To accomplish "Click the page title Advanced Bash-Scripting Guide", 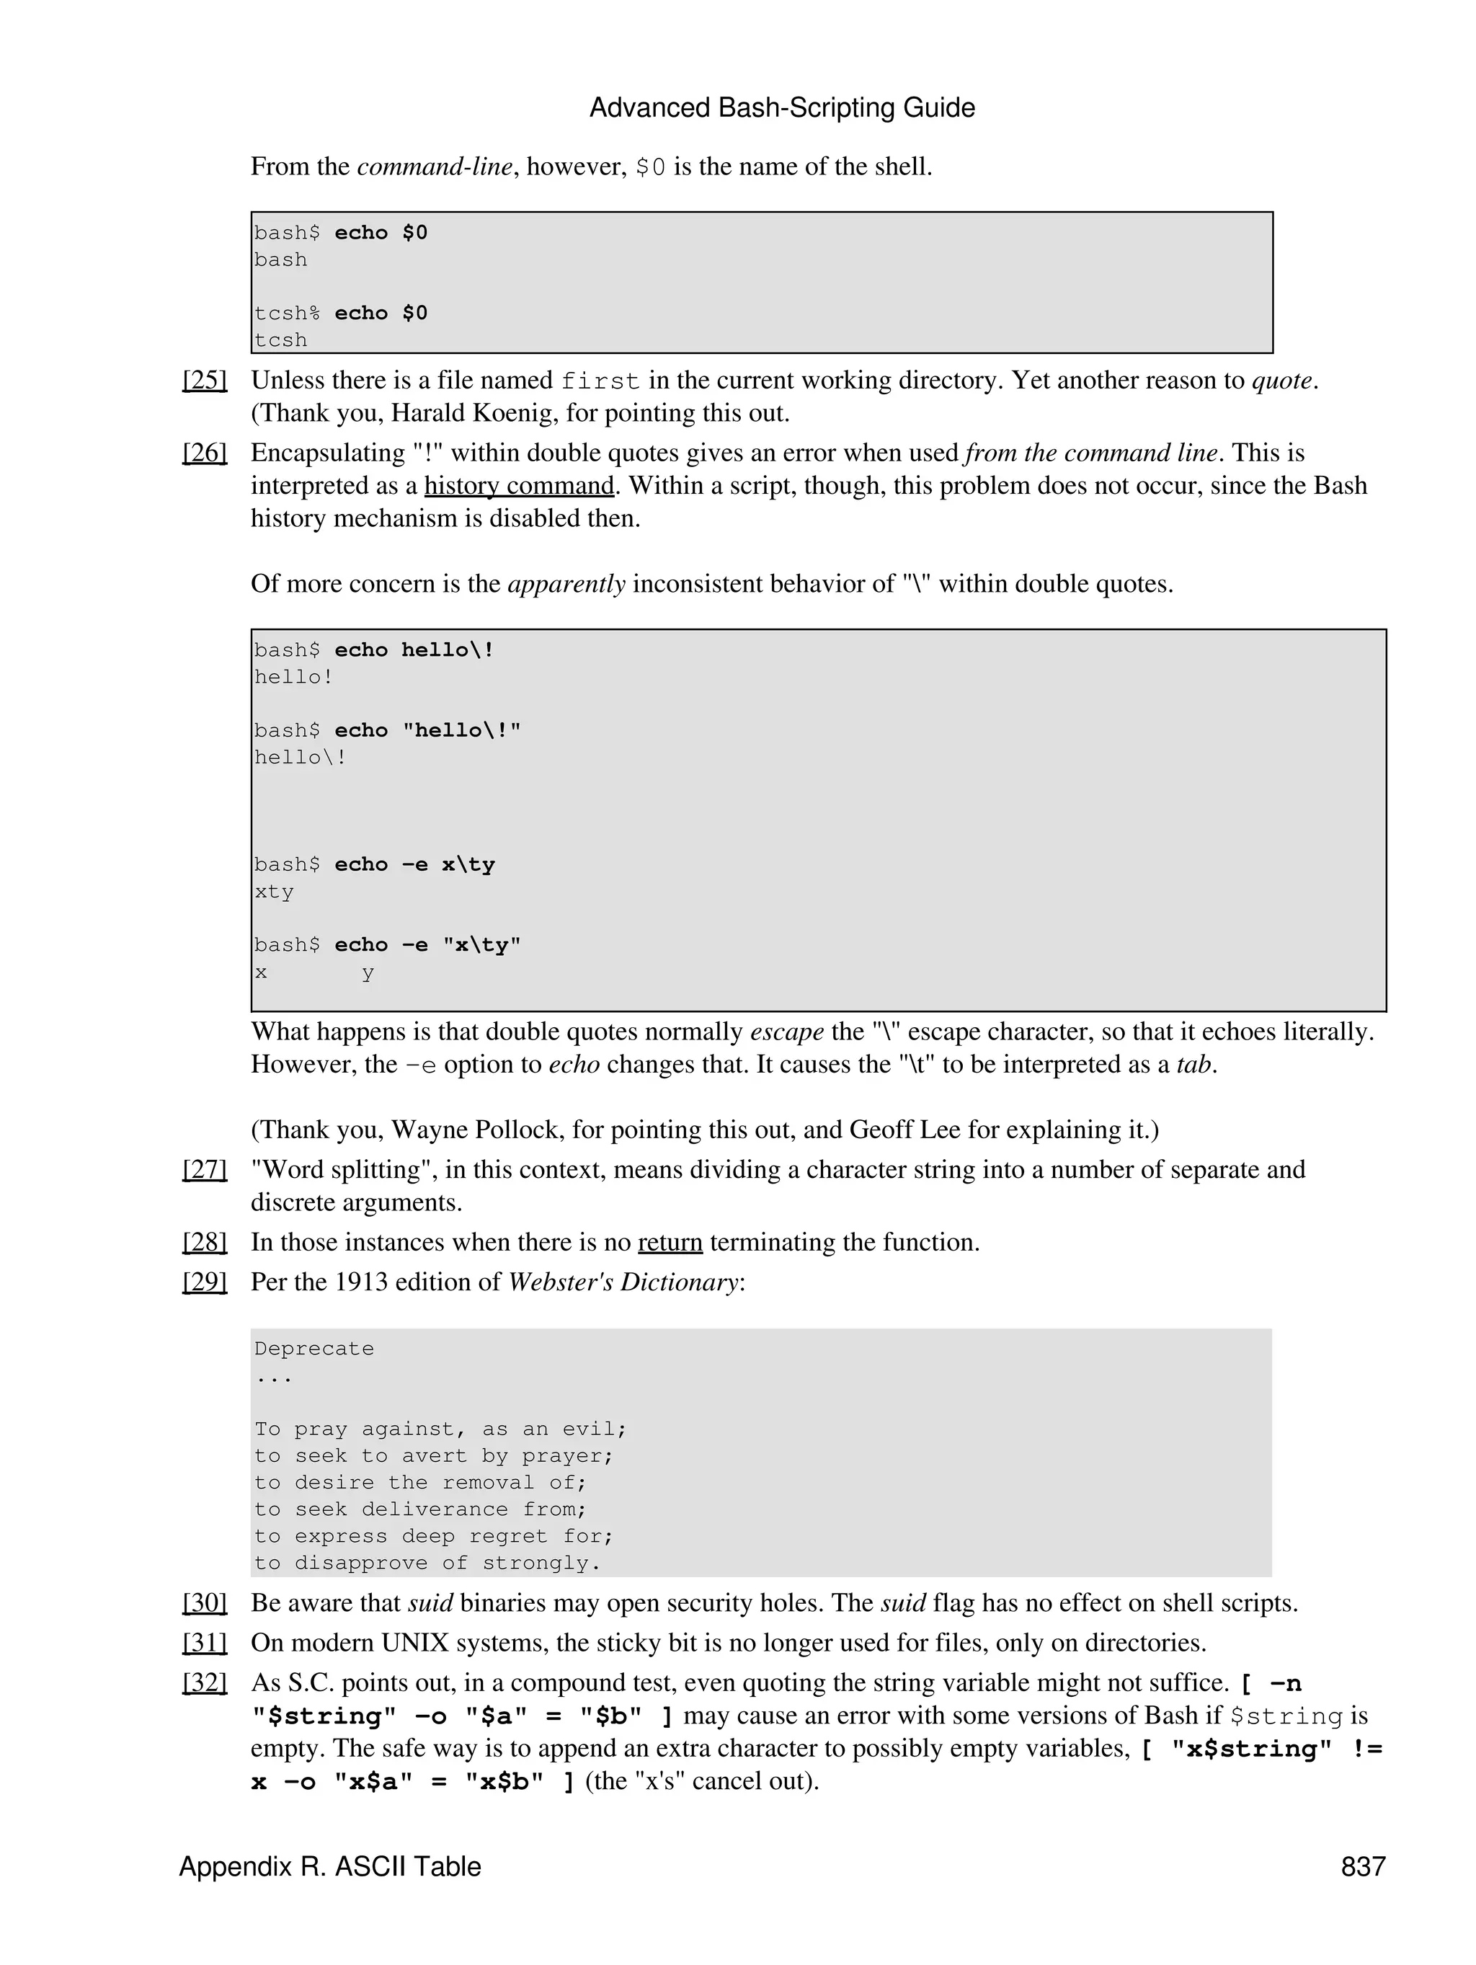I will click(781, 108).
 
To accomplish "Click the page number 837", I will click(1362, 1866).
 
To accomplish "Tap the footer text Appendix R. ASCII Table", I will click(329, 1866).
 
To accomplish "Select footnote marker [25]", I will click(204, 380).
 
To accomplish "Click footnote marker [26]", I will click(204, 453).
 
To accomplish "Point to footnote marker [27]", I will click(204, 1170).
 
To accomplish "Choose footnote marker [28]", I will click(204, 1242).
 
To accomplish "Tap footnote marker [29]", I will click(204, 1282).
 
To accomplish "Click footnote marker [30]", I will click(204, 1602).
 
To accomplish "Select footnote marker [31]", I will click(204, 1643).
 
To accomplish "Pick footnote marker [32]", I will click(204, 1682).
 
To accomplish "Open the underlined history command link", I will click(519, 486).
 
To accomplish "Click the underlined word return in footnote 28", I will click(670, 1242).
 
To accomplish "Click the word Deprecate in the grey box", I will click(314, 1349).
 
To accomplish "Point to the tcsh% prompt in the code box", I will click(286, 314).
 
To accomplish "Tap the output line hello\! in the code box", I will click(299, 758).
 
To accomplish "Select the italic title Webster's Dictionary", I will click(623, 1282).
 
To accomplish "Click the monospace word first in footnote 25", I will click(600, 382).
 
